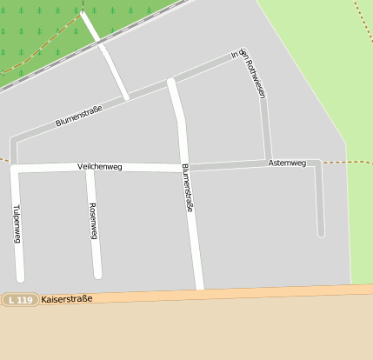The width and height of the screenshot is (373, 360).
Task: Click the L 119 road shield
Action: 19,300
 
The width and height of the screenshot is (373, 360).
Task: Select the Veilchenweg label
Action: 99,166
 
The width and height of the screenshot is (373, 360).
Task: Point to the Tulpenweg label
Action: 17,225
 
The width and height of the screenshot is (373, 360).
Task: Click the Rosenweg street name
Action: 93,222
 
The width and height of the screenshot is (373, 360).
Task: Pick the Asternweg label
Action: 287,163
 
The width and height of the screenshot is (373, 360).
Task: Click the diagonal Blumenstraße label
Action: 79,116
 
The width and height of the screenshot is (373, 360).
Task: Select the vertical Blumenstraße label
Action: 187,189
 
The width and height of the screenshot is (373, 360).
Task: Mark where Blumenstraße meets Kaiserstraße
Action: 199,290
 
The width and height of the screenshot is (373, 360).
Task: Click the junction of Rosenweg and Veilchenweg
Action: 90,168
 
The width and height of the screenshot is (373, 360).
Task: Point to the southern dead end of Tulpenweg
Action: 20,278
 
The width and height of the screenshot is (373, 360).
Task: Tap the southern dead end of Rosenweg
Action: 97,275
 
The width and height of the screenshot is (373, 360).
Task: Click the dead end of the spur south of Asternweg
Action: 321,233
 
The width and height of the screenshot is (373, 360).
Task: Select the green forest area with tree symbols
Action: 35,30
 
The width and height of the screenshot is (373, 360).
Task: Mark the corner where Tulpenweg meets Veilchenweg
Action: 14,169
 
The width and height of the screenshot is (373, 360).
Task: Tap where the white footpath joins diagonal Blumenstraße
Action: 127,97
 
